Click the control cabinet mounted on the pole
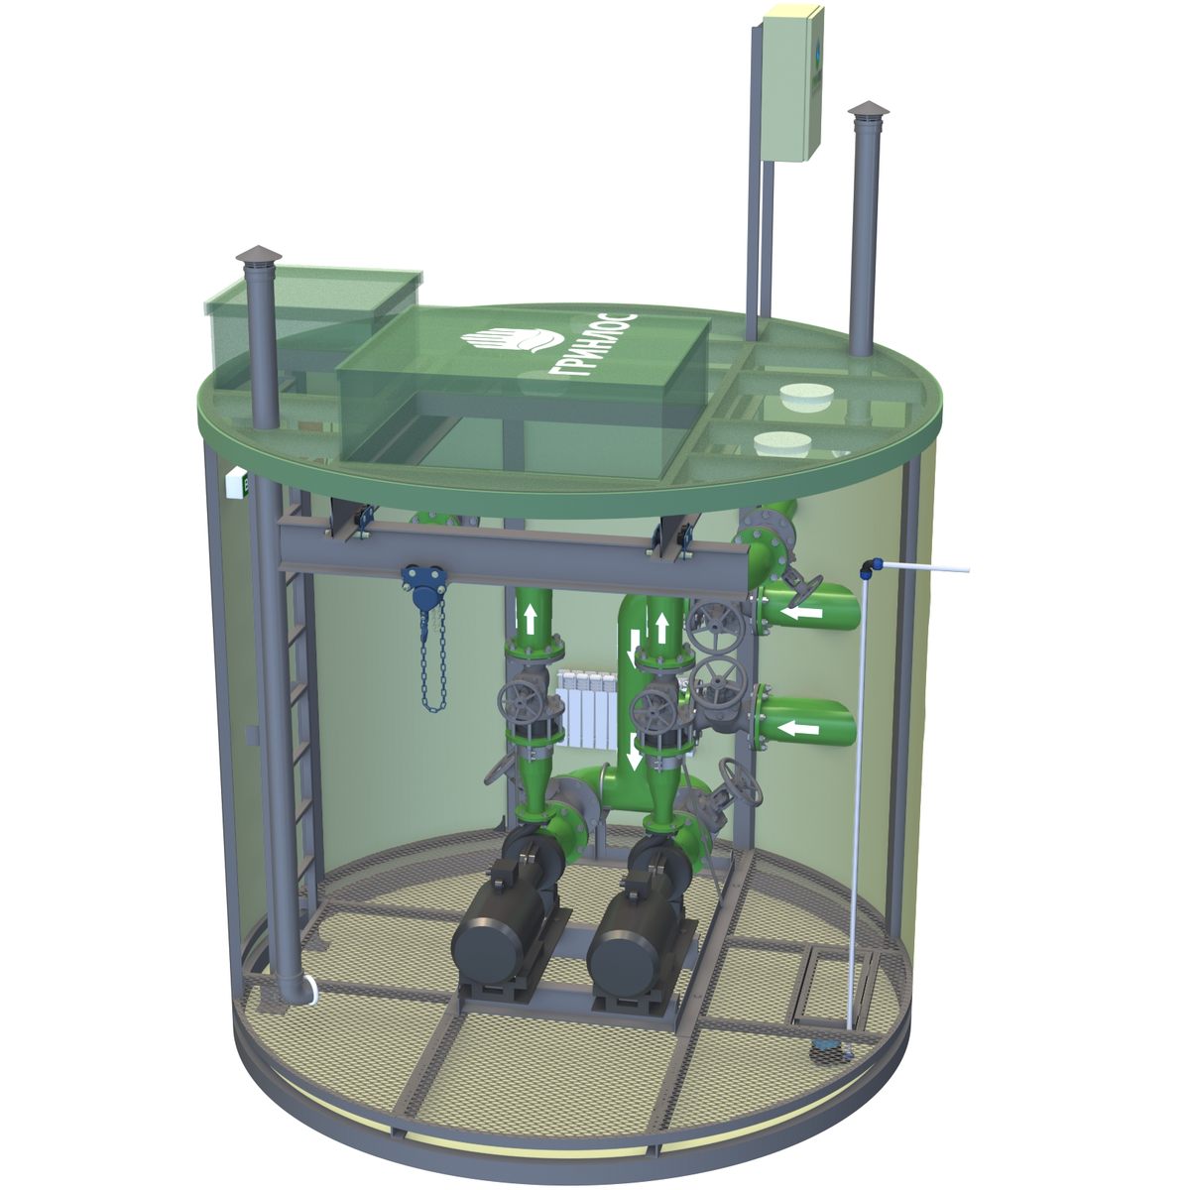[793, 84]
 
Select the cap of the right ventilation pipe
[869, 110]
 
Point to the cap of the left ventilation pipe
[258, 254]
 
